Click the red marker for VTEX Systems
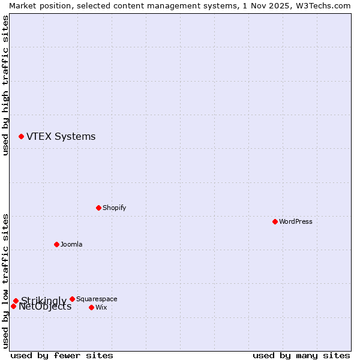[x=21, y=137]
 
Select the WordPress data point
[x=275, y=221]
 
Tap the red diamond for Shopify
[x=98, y=208]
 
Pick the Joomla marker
[x=56, y=244]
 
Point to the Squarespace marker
[x=72, y=299]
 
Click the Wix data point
[x=91, y=307]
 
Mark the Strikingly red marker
[x=16, y=301]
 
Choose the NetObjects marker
[x=13, y=307]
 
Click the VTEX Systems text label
[x=61, y=137]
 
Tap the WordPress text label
[x=295, y=221]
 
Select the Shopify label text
[x=114, y=208]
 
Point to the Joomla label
[x=71, y=244]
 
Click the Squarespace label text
[x=97, y=299]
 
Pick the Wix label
[x=101, y=307]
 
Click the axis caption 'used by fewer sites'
[x=62, y=355]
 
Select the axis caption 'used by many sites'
[x=301, y=355]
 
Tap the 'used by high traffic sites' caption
[x=5, y=85]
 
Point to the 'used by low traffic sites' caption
[x=5, y=281]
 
